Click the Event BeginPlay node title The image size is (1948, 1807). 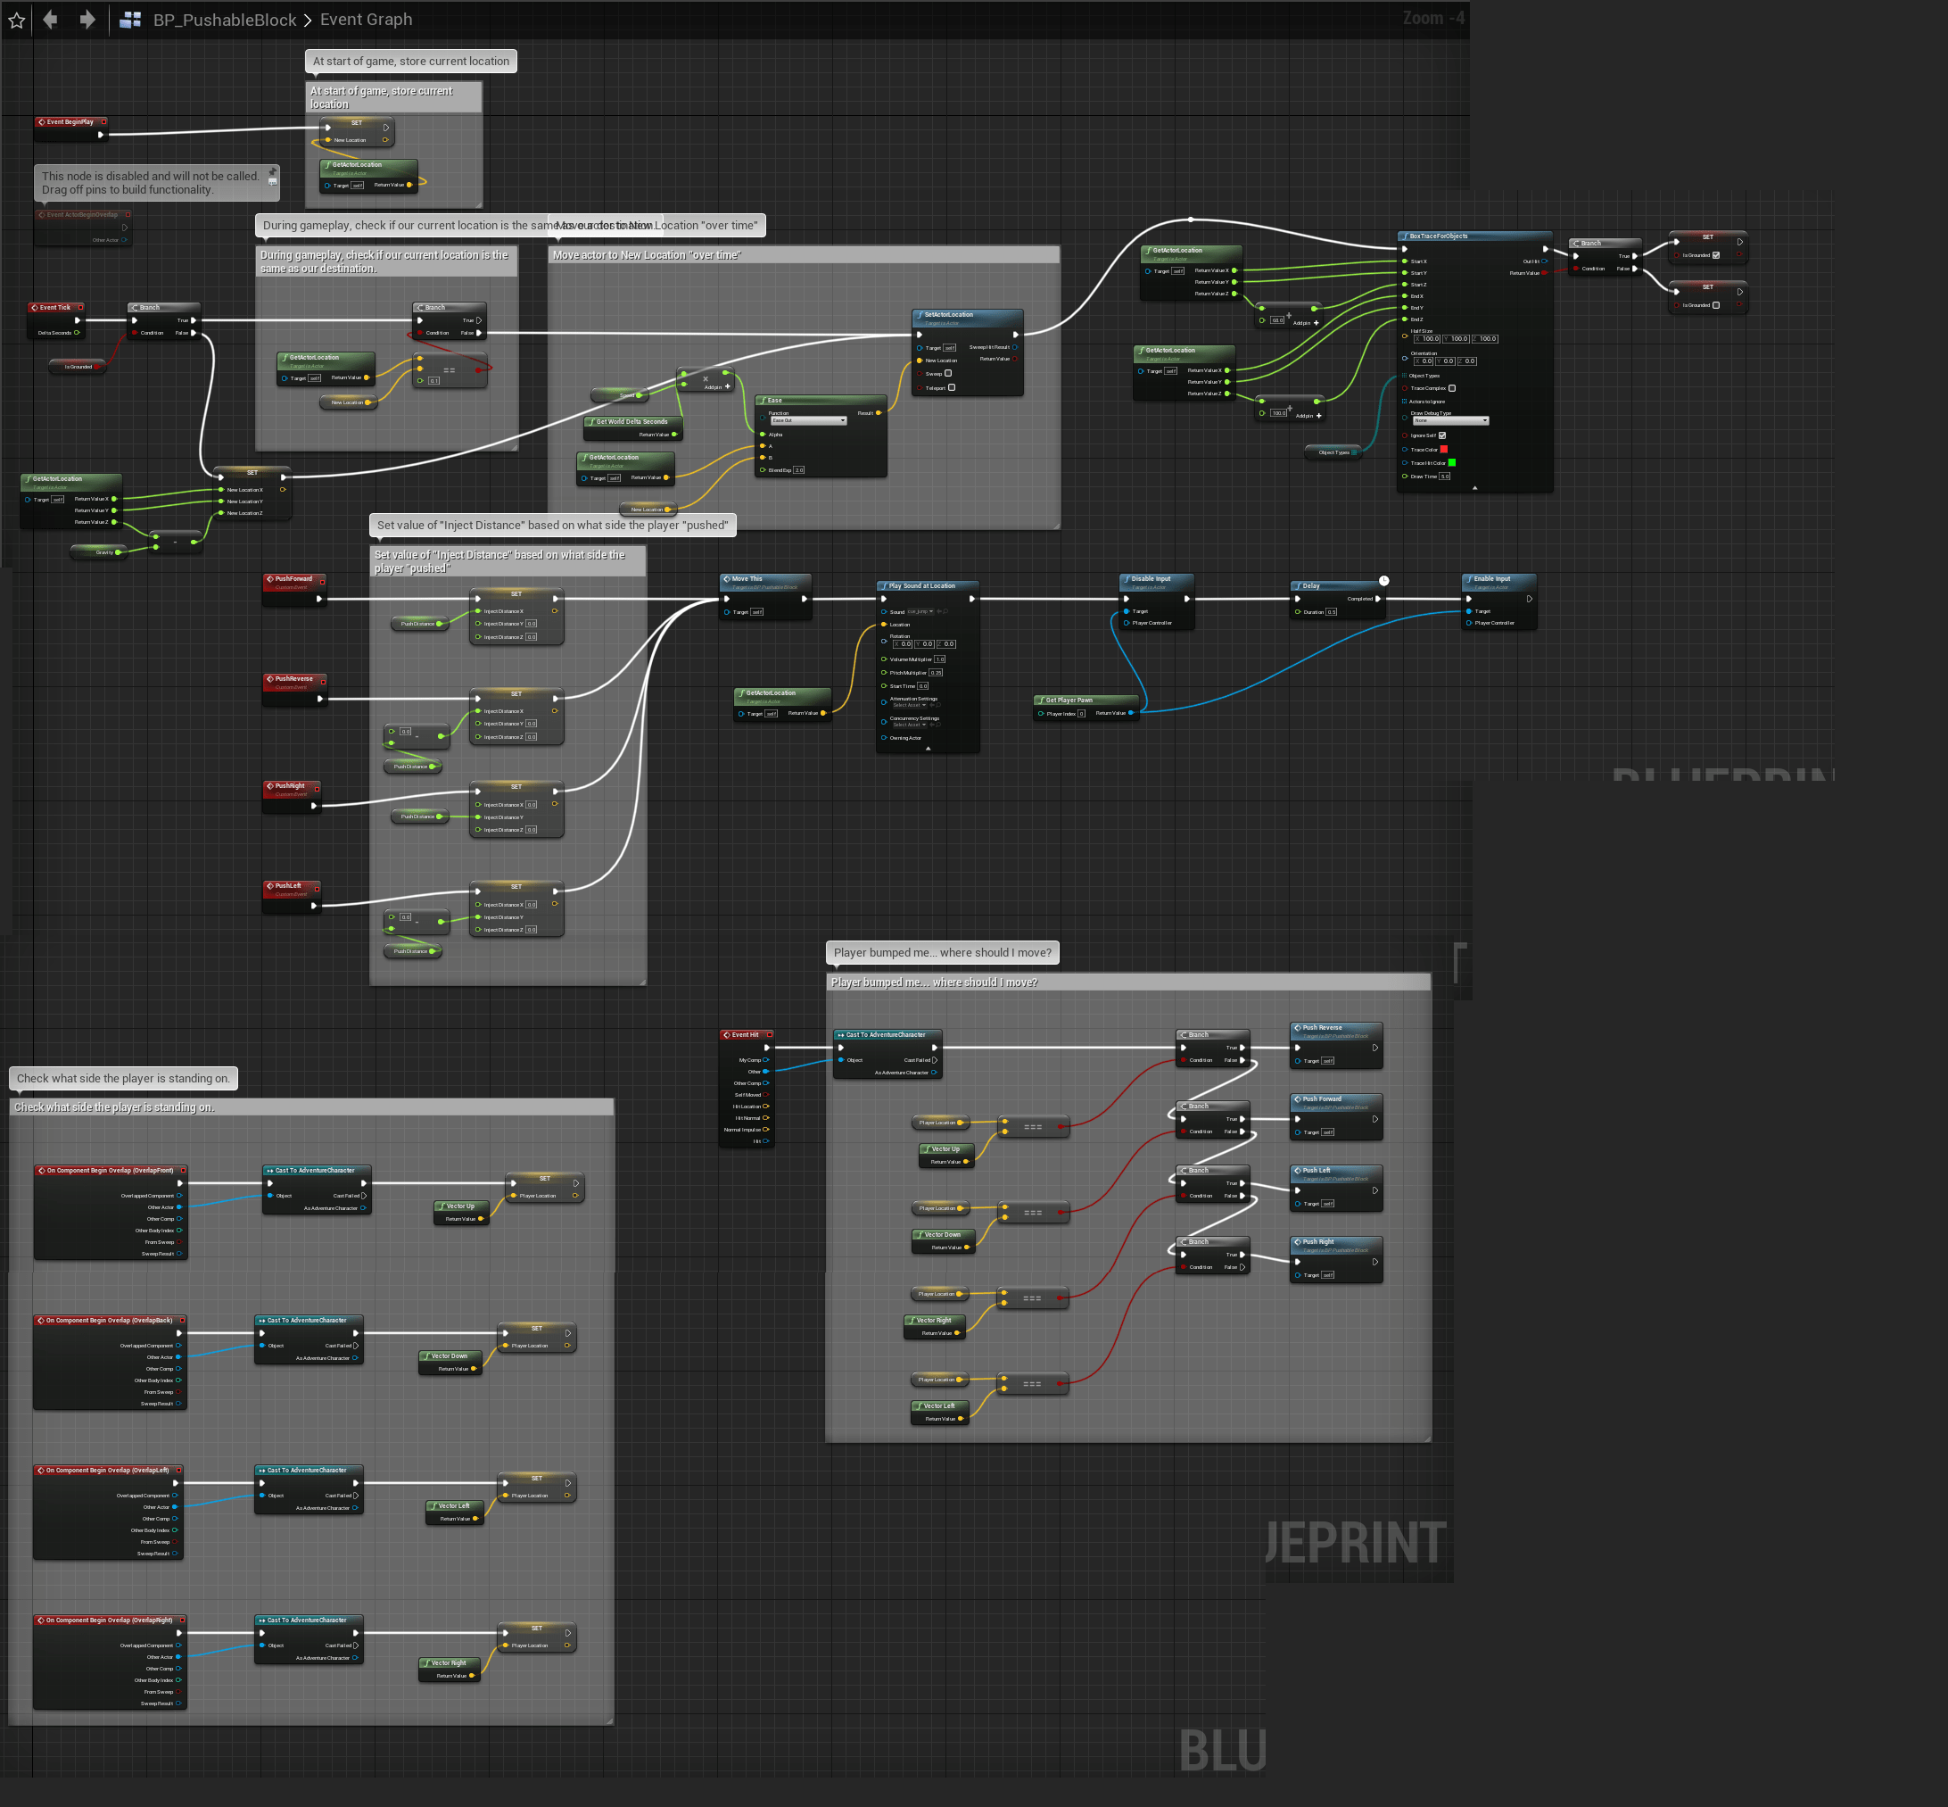70,122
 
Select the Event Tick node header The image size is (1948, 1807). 54,307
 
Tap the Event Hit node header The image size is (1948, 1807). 745,1034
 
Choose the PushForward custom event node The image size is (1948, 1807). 293,580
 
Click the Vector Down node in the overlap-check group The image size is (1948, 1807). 450,1356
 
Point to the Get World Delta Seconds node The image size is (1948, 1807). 631,422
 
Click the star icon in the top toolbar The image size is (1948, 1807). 17,20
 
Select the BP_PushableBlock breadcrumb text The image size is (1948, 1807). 224,20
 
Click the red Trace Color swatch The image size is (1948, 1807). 1444,450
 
